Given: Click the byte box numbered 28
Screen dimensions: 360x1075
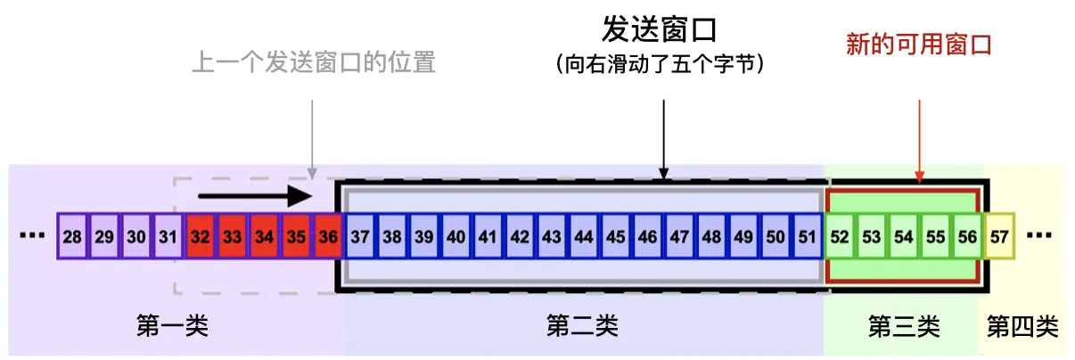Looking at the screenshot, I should coord(72,237).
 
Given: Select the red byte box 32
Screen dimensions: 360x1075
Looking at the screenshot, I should coord(201,237).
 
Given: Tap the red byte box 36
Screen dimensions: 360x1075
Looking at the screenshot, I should coord(329,237).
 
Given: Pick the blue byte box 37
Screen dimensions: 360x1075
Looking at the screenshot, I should coord(360,237).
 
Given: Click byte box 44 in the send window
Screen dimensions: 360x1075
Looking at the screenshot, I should coord(584,237).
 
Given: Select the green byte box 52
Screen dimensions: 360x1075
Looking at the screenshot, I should coord(840,237).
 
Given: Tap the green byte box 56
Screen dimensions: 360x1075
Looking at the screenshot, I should coord(967,237).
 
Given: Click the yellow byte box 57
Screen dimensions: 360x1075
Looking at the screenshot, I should coord(999,237).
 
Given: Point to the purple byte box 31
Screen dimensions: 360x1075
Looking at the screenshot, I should coord(168,237).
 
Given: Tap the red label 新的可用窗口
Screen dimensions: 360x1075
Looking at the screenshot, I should coord(919,45).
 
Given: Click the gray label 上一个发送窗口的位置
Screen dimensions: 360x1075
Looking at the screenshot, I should coord(314,64).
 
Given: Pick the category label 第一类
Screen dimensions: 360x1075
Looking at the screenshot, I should coord(172,326).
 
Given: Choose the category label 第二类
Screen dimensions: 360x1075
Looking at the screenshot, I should coord(582,326).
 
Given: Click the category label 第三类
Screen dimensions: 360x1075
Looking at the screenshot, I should coord(903,326).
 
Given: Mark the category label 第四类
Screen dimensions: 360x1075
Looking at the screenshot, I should coord(1022,326).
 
